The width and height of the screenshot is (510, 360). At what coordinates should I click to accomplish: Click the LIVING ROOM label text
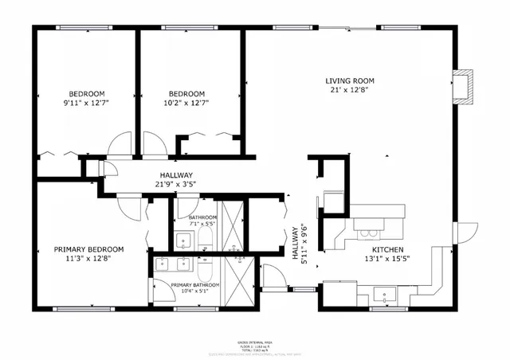pos(349,80)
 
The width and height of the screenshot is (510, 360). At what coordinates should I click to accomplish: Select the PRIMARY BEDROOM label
pos(88,248)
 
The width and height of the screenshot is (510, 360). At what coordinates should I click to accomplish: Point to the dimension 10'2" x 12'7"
pos(186,102)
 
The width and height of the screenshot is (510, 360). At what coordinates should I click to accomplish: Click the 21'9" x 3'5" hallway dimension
pos(175,184)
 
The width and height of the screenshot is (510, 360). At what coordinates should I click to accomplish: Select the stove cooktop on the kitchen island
pos(368,233)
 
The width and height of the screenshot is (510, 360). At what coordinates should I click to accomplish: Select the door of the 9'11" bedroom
pos(122,145)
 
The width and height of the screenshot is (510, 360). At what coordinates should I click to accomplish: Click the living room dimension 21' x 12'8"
pos(349,90)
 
